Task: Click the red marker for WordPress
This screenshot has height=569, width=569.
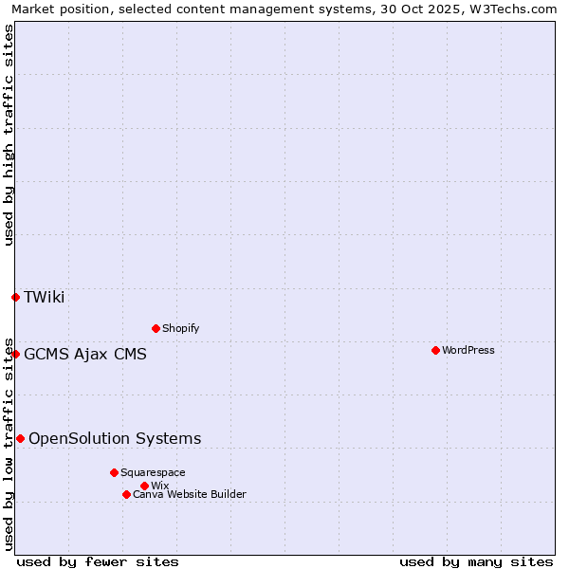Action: [x=435, y=350]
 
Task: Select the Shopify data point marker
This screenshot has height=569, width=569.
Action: [x=156, y=328]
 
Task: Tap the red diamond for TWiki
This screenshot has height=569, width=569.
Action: [x=15, y=297]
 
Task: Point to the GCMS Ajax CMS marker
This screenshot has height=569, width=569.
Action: [x=15, y=354]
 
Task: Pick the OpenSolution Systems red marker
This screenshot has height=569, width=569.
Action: [x=20, y=438]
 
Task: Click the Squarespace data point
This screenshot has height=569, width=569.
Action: [x=114, y=472]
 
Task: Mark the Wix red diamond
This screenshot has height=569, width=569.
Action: [x=144, y=486]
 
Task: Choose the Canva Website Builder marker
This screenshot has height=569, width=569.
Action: [x=126, y=494]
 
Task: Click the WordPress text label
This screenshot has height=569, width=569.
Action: [x=468, y=350]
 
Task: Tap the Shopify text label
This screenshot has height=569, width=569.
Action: [x=181, y=328]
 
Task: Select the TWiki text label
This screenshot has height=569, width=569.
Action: [x=45, y=297]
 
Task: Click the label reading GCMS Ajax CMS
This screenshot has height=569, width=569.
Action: [x=85, y=354]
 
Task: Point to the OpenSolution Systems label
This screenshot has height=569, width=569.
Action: [x=115, y=438]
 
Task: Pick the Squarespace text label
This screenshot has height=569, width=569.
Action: [x=153, y=472]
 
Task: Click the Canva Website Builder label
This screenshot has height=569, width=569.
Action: [x=190, y=494]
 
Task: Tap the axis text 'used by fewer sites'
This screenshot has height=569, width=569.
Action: [x=98, y=561]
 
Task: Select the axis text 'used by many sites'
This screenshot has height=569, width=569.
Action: [x=476, y=561]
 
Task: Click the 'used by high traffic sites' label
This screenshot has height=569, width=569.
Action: [x=9, y=135]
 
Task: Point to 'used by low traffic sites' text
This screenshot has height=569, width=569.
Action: [x=9, y=444]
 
